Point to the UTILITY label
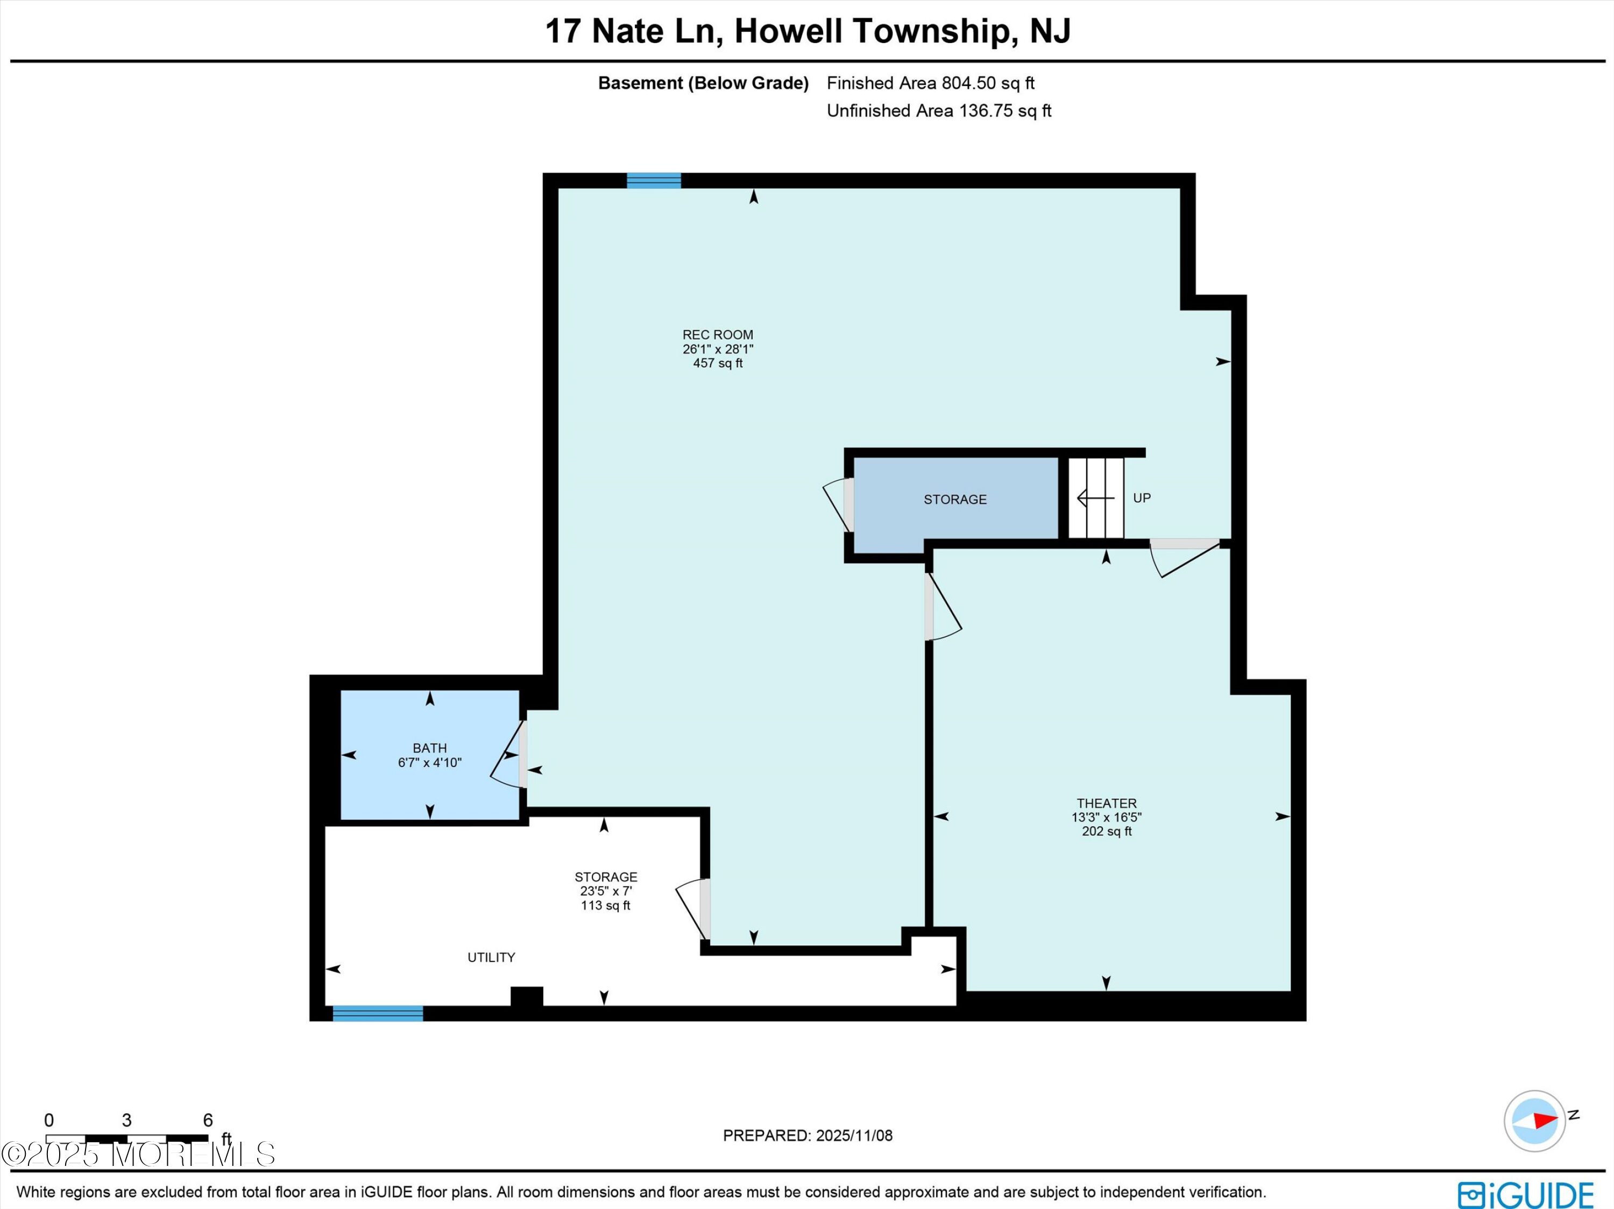coord(491,957)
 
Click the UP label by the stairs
coord(1142,498)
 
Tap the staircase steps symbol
coord(1096,498)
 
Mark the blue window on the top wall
coord(654,180)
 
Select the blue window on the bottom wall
coord(378,1014)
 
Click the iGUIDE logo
coord(1525,1194)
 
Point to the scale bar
coord(127,1138)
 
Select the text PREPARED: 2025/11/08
coord(808,1135)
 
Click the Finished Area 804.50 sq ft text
coord(930,83)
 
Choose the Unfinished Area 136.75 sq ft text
coord(939,111)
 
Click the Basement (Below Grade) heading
coord(703,83)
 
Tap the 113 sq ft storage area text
coord(606,905)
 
